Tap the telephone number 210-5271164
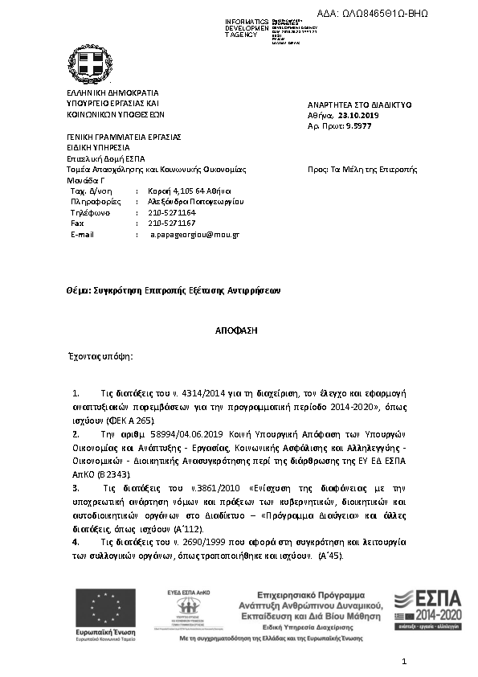click(172, 212)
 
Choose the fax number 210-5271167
click(172, 223)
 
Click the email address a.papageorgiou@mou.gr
click(195, 234)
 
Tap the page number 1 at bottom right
click(405, 661)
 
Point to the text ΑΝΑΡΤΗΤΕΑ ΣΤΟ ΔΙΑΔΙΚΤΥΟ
click(359, 105)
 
